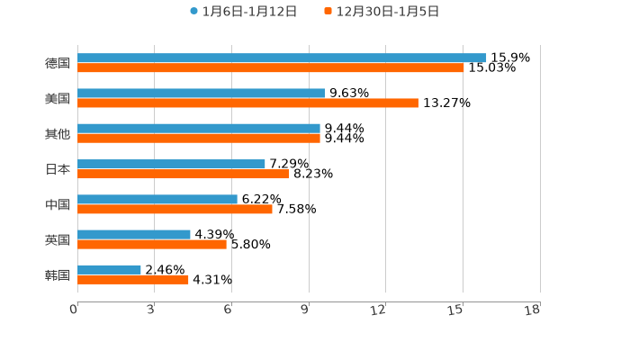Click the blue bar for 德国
(x=282, y=58)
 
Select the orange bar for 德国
(x=270, y=67)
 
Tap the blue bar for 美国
(x=201, y=93)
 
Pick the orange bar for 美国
(x=247, y=103)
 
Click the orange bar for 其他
(x=198, y=138)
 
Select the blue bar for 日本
(x=171, y=164)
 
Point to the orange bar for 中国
(x=175, y=209)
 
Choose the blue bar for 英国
(x=134, y=234)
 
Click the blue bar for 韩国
(x=109, y=269)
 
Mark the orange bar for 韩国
(x=133, y=279)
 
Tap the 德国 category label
(x=58, y=63)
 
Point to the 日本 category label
(x=58, y=169)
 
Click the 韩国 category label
(x=58, y=274)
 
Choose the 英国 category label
(x=58, y=239)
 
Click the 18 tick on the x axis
(x=533, y=310)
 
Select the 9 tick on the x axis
(x=305, y=310)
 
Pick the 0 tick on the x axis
(x=74, y=310)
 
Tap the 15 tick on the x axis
(x=456, y=310)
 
